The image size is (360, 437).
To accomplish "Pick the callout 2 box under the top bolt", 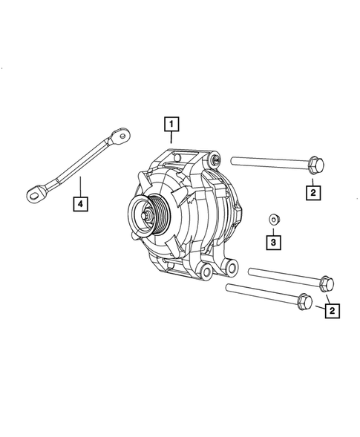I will tap(313, 193).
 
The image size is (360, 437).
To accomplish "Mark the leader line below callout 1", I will tap(171, 137).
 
